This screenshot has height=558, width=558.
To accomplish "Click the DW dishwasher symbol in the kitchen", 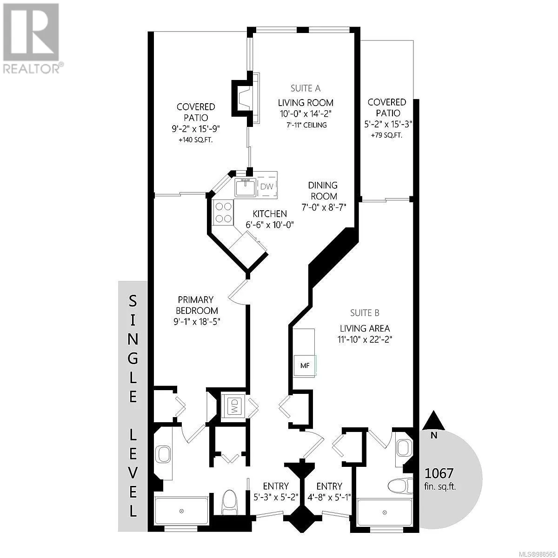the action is pyautogui.click(x=267, y=186).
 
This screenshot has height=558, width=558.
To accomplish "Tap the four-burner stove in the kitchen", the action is pyautogui.click(x=223, y=212).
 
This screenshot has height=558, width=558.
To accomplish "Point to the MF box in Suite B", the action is pyautogui.click(x=305, y=366).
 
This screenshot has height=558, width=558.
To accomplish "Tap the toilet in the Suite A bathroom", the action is pyautogui.click(x=230, y=502).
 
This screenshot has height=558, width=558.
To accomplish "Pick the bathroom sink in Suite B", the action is pyautogui.click(x=404, y=448).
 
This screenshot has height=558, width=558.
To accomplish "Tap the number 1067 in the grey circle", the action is pyautogui.click(x=438, y=473).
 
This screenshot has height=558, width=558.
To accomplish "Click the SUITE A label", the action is pyautogui.click(x=306, y=88).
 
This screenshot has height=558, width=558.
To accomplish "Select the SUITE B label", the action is pyautogui.click(x=365, y=313).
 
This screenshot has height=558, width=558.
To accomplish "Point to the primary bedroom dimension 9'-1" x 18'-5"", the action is pyautogui.click(x=197, y=322).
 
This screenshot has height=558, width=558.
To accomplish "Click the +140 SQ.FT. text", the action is pyautogui.click(x=196, y=140).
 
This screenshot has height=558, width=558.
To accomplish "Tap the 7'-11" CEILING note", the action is pyautogui.click(x=306, y=125).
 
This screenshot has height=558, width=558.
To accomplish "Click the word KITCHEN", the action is pyautogui.click(x=270, y=214).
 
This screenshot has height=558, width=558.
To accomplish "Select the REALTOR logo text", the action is pyautogui.click(x=31, y=69).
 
